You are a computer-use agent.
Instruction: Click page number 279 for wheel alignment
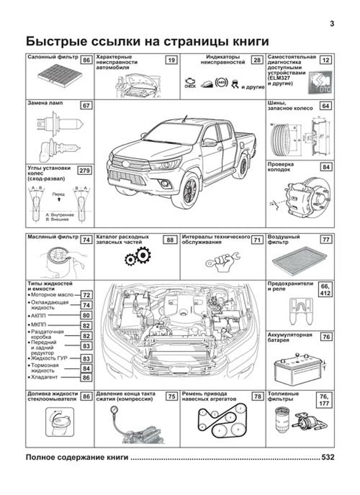pyautogui.click(x=84, y=171)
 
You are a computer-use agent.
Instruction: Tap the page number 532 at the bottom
pyautogui.click(x=328, y=457)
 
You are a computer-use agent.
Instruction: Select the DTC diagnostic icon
pyautogui.click(x=320, y=82)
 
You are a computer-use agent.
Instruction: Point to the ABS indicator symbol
pyautogui.click(x=221, y=82)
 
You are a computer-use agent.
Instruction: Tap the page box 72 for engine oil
pyautogui.click(x=86, y=295)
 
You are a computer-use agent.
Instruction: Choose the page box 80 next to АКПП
pyautogui.click(x=86, y=315)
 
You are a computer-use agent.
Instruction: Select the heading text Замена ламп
pyautogui.click(x=45, y=103)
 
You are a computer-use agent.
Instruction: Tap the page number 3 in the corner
pyautogui.click(x=332, y=24)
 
